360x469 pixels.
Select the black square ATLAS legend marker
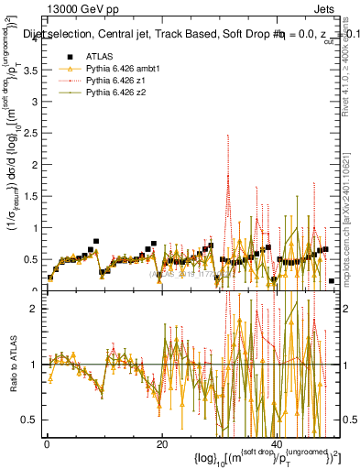coord(67,56)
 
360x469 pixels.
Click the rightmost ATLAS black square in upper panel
coord(331,280)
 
